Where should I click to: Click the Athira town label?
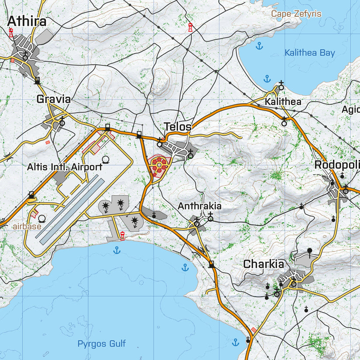click(27, 21)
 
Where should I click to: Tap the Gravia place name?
click(53, 99)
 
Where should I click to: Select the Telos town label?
click(178, 127)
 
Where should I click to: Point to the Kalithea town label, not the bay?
click(283, 102)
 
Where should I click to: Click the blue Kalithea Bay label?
click(310, 53)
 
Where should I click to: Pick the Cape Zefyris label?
click(296, 14)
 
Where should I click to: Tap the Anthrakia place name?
click(199, 206)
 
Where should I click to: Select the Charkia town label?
click(263, 264)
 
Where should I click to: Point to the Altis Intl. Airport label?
click(65, 167)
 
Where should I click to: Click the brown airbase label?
click(27, 227)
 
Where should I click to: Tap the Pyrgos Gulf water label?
click(98, 344)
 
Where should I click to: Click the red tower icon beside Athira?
click(11, 32)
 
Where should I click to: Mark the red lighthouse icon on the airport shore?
click(123, 237)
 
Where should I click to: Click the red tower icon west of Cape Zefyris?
click(190, 28)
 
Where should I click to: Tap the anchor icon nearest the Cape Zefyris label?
click(259, 46)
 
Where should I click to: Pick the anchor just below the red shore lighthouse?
click(117, 250)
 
